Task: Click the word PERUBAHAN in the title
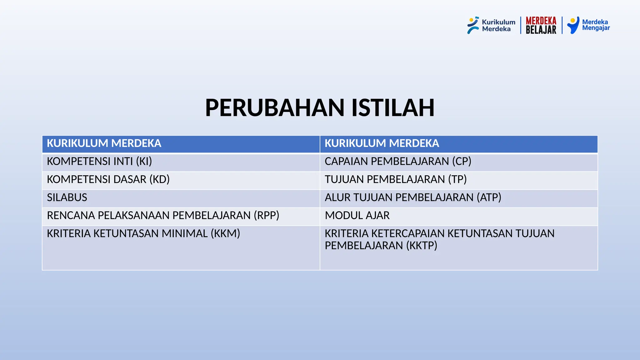(275, 108)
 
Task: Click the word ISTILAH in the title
(393, 108)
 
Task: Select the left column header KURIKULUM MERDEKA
(104, 143)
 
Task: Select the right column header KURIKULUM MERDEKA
(382, 143)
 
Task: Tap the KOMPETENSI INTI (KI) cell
(99, 162)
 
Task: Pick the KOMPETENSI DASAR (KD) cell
(108, 180)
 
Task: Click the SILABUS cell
(67, 198)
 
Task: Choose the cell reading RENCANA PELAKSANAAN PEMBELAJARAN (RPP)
(163, 216)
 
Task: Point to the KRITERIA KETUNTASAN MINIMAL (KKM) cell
(143, 234)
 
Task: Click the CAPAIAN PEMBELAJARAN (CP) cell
(398, 162)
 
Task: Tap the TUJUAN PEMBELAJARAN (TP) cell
(396, 180)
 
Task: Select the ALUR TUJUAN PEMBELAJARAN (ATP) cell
(413, 198)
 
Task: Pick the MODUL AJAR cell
(357, 216)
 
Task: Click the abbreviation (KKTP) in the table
(422, 246)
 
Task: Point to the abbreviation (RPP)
(266, 216)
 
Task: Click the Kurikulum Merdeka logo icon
(473, 25)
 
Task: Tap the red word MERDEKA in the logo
(541, 21)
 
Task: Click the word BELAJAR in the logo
(541, 30)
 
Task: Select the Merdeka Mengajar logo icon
(573, 25)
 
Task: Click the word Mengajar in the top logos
(596, 28)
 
